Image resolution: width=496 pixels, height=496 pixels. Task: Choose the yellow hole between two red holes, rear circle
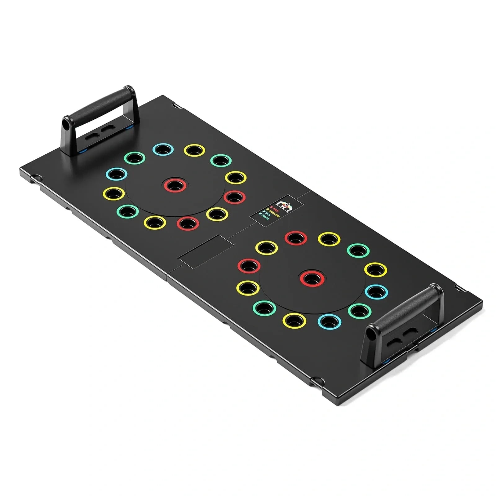click(217, 213)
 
